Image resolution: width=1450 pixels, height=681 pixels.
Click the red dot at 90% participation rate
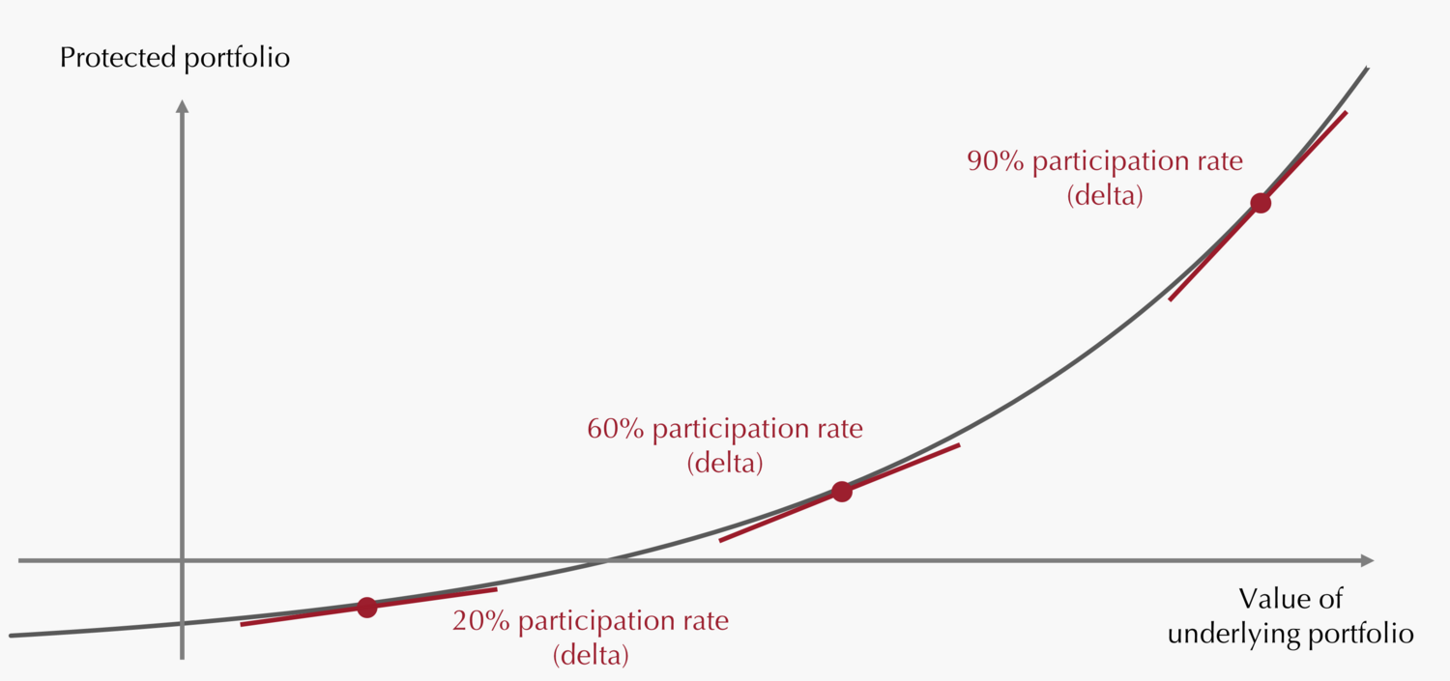(x=1260, y=203)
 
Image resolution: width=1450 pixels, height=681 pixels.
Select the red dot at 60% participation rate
(x=841, y=492)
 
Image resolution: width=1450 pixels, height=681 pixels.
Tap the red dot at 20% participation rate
(x=366, y=608)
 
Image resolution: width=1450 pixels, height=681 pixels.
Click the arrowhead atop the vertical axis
(x=182, y=104)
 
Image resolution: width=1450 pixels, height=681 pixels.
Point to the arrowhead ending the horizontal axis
(x=1367, y=560)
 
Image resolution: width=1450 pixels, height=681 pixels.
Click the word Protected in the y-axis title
(x=117, y=58)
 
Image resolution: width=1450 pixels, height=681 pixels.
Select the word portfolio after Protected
(x=237, y=58)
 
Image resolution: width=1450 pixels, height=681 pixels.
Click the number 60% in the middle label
(x=615, y=429)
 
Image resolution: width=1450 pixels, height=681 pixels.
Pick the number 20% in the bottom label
(x=480, y=621)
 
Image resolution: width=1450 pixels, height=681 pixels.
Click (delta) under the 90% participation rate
(x=1105, y=196)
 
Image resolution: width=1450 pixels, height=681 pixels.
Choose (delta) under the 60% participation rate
(x=725, y=464)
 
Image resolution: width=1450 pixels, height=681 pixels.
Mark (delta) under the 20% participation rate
(x=591, y=656)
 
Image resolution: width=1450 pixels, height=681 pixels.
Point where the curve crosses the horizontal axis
(x=607, y=560)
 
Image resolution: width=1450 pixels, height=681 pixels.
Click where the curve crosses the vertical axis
(x=182, y=623)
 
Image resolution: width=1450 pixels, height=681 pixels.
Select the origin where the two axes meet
(x=182, y=560)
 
